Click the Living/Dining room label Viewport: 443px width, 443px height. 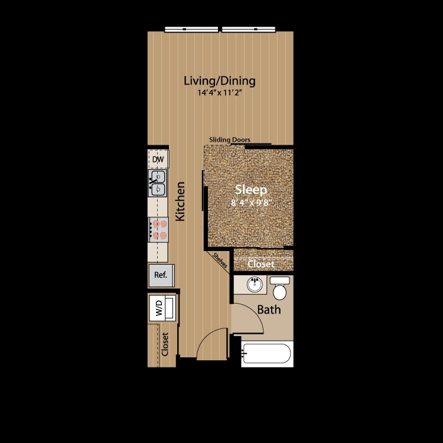pyautogui.click(x=219, y=80)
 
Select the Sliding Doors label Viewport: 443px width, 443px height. pyautogui.click(x=229, y=140)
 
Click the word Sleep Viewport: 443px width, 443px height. pyautogui.click(x=252, y=190)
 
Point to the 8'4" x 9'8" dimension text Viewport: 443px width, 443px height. pyautogui.click(x=252, y=203)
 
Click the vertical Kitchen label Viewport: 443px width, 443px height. pyautogui.click(x=181, y=201)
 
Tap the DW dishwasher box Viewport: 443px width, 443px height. pyautogui.click(x=158, y=159)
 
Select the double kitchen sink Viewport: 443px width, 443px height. pyautogui.click(x=158, y=183)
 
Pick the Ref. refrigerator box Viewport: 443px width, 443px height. pyautogui.click(x=160, y=275)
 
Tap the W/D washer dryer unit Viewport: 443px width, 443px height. pyautogui.click(x=160, y=307)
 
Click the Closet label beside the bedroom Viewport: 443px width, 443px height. pyautogui.click(x=260, y=264)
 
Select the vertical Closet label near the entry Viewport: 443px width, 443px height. pyautogui.click(x=165, y=344)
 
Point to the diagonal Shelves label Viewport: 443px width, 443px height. pyautogui.click(x=221, y=260)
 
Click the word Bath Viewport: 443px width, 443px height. pyautogui.click(x=268, y=310)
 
